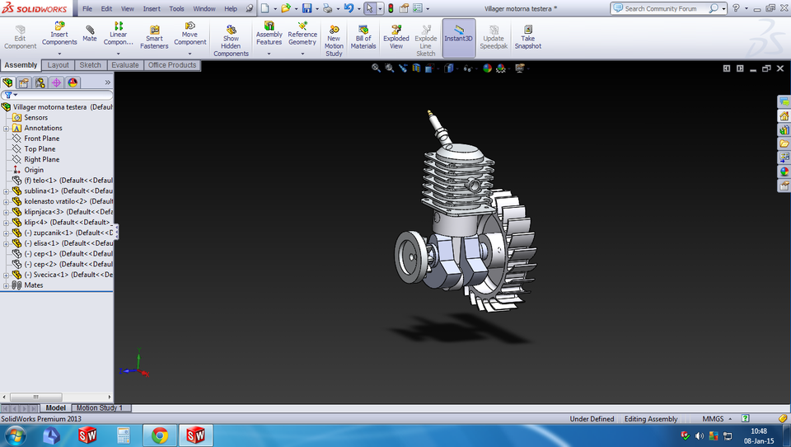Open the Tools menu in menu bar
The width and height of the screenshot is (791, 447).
coord(176,9)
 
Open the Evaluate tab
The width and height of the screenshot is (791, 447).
coord(124,65)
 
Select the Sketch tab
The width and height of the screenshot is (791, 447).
coord(90,65)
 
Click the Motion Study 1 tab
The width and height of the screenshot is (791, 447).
coord(99,408)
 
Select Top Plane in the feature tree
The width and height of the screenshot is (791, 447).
coord(40,149)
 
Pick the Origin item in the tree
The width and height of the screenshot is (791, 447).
coord(33,170)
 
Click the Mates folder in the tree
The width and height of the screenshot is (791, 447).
coord(33,285)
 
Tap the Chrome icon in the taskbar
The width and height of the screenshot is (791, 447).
coord(159,435)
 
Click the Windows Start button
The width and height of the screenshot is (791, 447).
coord(15,435)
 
